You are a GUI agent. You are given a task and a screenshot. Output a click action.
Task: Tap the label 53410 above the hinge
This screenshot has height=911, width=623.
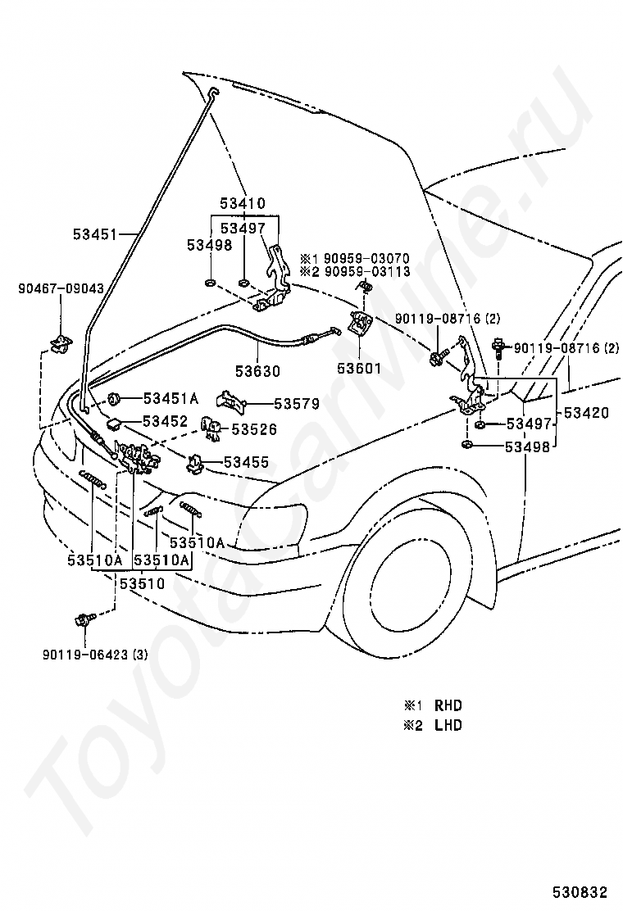click(x=243, y=203)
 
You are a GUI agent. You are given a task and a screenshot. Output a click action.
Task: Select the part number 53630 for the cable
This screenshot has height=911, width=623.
click(x=257, y=370)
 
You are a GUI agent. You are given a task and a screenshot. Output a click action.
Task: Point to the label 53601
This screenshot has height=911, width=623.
click(x=360, y=369)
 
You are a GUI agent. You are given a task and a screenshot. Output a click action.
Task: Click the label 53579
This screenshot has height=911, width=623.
click(x=297, y=403)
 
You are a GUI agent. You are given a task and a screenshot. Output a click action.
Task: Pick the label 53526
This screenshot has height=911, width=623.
click(x=254, y=429)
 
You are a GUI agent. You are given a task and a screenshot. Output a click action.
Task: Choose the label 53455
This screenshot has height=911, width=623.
click(x=247, y=463)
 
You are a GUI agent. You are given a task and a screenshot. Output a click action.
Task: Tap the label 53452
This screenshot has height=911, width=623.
click(x=166, y=420)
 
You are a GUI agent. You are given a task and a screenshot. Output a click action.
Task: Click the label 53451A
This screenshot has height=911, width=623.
click(x=171, y=398)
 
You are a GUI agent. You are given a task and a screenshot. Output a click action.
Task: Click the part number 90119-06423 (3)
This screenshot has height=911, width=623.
click(x=95, y=655)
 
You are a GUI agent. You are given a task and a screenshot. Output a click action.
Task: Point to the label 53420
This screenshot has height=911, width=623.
click(x=586, y=413)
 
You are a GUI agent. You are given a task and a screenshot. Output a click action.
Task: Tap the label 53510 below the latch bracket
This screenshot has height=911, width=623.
click(x=143, y=582)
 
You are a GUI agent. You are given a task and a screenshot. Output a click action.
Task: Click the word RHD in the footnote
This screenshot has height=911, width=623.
click(x=448, y=705)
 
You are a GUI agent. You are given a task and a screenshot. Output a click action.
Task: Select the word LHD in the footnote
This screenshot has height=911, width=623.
click(x=448, y=725)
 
